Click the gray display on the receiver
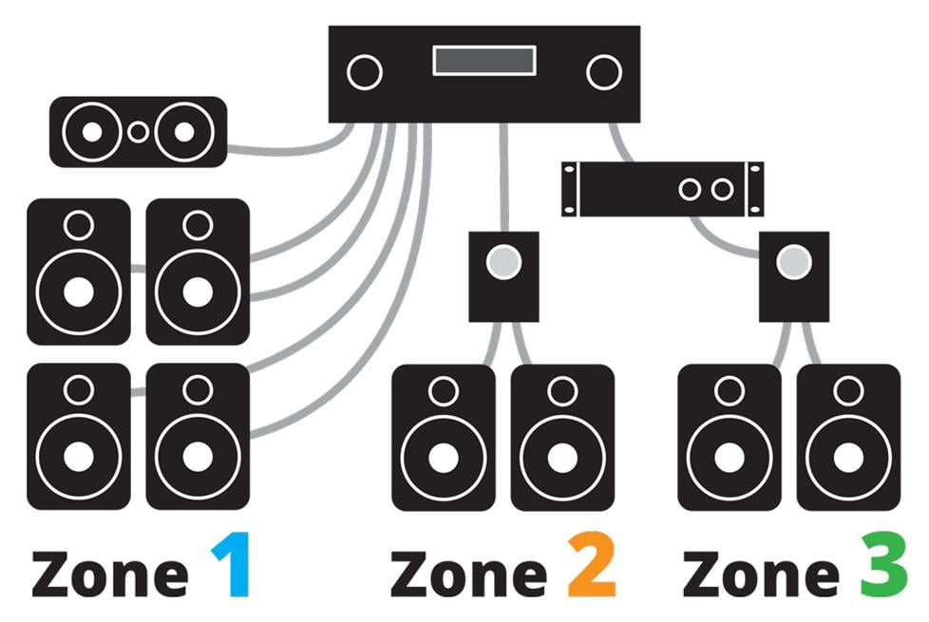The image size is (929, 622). pos(484,61)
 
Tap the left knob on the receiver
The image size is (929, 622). pos(365,72)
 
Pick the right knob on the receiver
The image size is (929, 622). pos(604,72)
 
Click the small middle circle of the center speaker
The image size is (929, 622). pos(138,131)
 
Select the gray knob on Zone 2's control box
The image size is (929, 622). pos(503,262)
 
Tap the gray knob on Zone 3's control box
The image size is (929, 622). pos(794,262)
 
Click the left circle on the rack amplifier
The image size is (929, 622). pos(690,190)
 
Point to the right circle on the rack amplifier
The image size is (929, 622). pos(722,190)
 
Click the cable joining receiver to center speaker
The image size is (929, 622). pos(296,150)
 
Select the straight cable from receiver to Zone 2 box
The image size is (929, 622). pos(503,178)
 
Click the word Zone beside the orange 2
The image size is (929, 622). pos(468,574)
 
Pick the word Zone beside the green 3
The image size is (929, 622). pos(761,574)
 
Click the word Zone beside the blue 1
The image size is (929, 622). pos(110,574)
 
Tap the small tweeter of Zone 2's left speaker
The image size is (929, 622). pos(444,391)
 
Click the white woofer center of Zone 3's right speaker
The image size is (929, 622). pos(848,458)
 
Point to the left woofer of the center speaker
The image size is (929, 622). pos(92,131)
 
